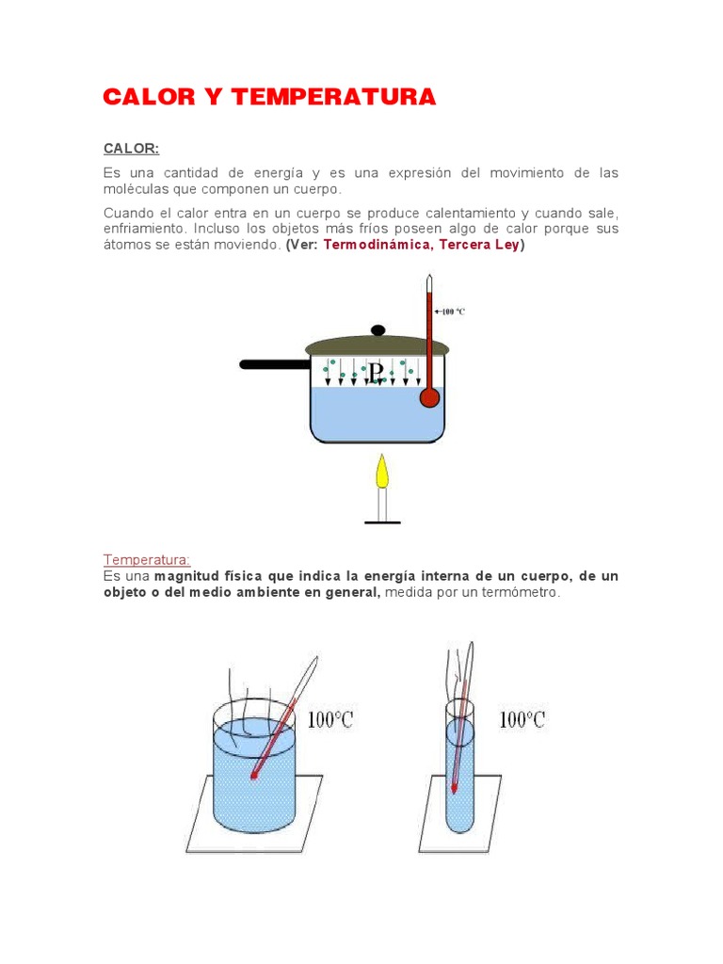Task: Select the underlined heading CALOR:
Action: coord(131,148)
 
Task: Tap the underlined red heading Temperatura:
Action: coord(146,559)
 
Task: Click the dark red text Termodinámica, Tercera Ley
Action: coord(421,245)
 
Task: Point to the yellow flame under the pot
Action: coord(381,472)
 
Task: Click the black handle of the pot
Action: coord(273,364)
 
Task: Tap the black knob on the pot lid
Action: coord(378,330)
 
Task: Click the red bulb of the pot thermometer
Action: coord(429,397)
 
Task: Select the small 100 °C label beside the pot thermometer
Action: coord(453,312)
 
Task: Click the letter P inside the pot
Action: coord(376,375)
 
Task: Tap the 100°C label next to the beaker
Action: coord(331,721)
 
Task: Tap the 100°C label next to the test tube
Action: coord(522,720)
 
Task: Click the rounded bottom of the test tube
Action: coord(458,823)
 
